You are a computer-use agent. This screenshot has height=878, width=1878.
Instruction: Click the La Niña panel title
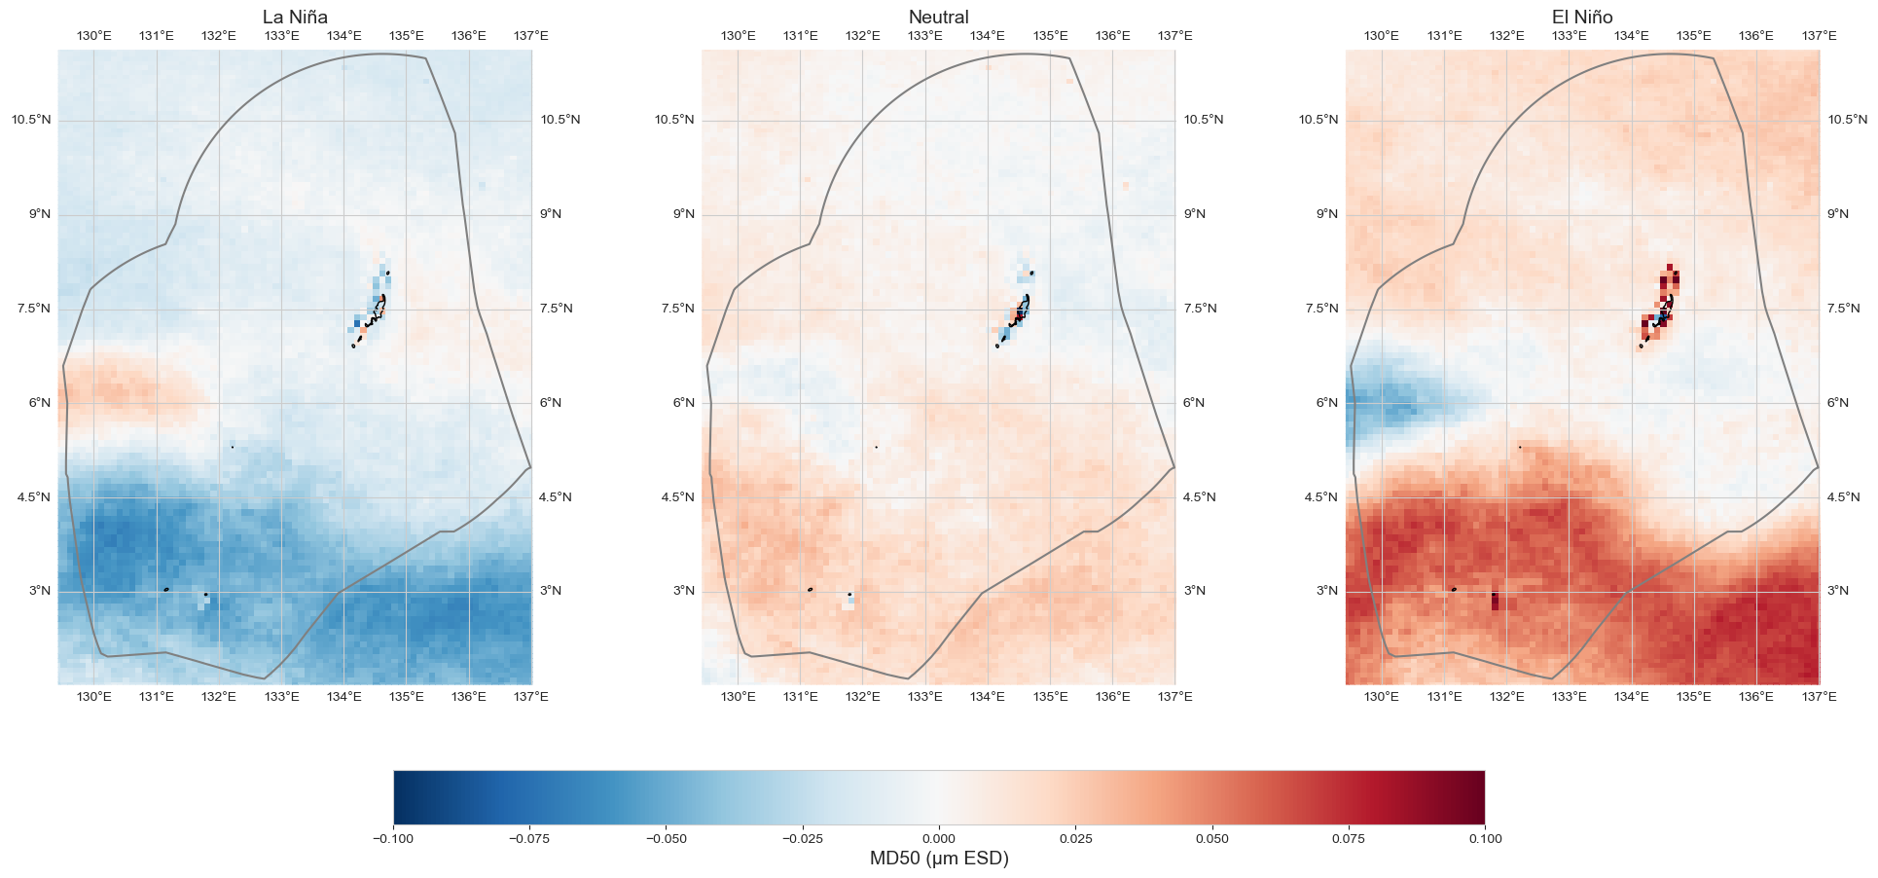295,17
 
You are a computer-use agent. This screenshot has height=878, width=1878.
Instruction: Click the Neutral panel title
938,17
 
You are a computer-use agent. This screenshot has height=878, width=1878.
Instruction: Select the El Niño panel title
1582,17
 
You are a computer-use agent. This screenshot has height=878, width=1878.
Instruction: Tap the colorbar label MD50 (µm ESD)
938,859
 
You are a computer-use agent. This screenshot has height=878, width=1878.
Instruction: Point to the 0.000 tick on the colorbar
938,838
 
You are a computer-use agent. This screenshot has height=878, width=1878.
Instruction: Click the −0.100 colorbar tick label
393,838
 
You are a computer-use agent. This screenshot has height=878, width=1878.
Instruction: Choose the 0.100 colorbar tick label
1484,838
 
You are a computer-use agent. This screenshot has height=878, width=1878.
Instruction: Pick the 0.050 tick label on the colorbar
1211,838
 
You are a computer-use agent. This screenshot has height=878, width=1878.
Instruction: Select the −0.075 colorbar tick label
530,838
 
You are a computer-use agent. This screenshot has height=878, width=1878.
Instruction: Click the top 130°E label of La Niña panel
94,36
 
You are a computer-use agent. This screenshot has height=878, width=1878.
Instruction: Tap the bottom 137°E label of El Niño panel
1819,697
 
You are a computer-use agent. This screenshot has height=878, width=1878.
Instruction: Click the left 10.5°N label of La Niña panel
31,120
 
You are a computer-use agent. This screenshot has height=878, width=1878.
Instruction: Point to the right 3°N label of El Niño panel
1838,591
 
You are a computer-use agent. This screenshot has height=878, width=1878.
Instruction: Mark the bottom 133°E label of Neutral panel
925,697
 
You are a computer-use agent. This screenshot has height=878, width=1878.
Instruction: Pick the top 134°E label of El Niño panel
1632,36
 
